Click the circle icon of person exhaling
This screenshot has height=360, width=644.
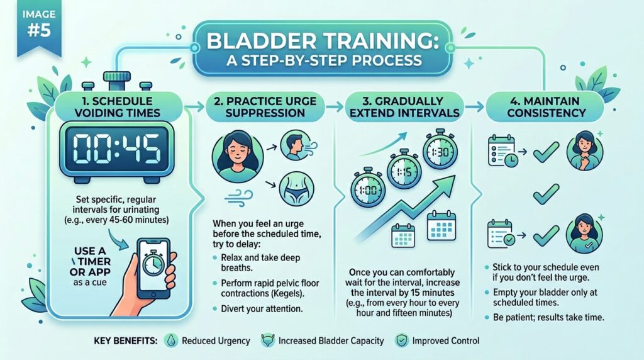(294, 148)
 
